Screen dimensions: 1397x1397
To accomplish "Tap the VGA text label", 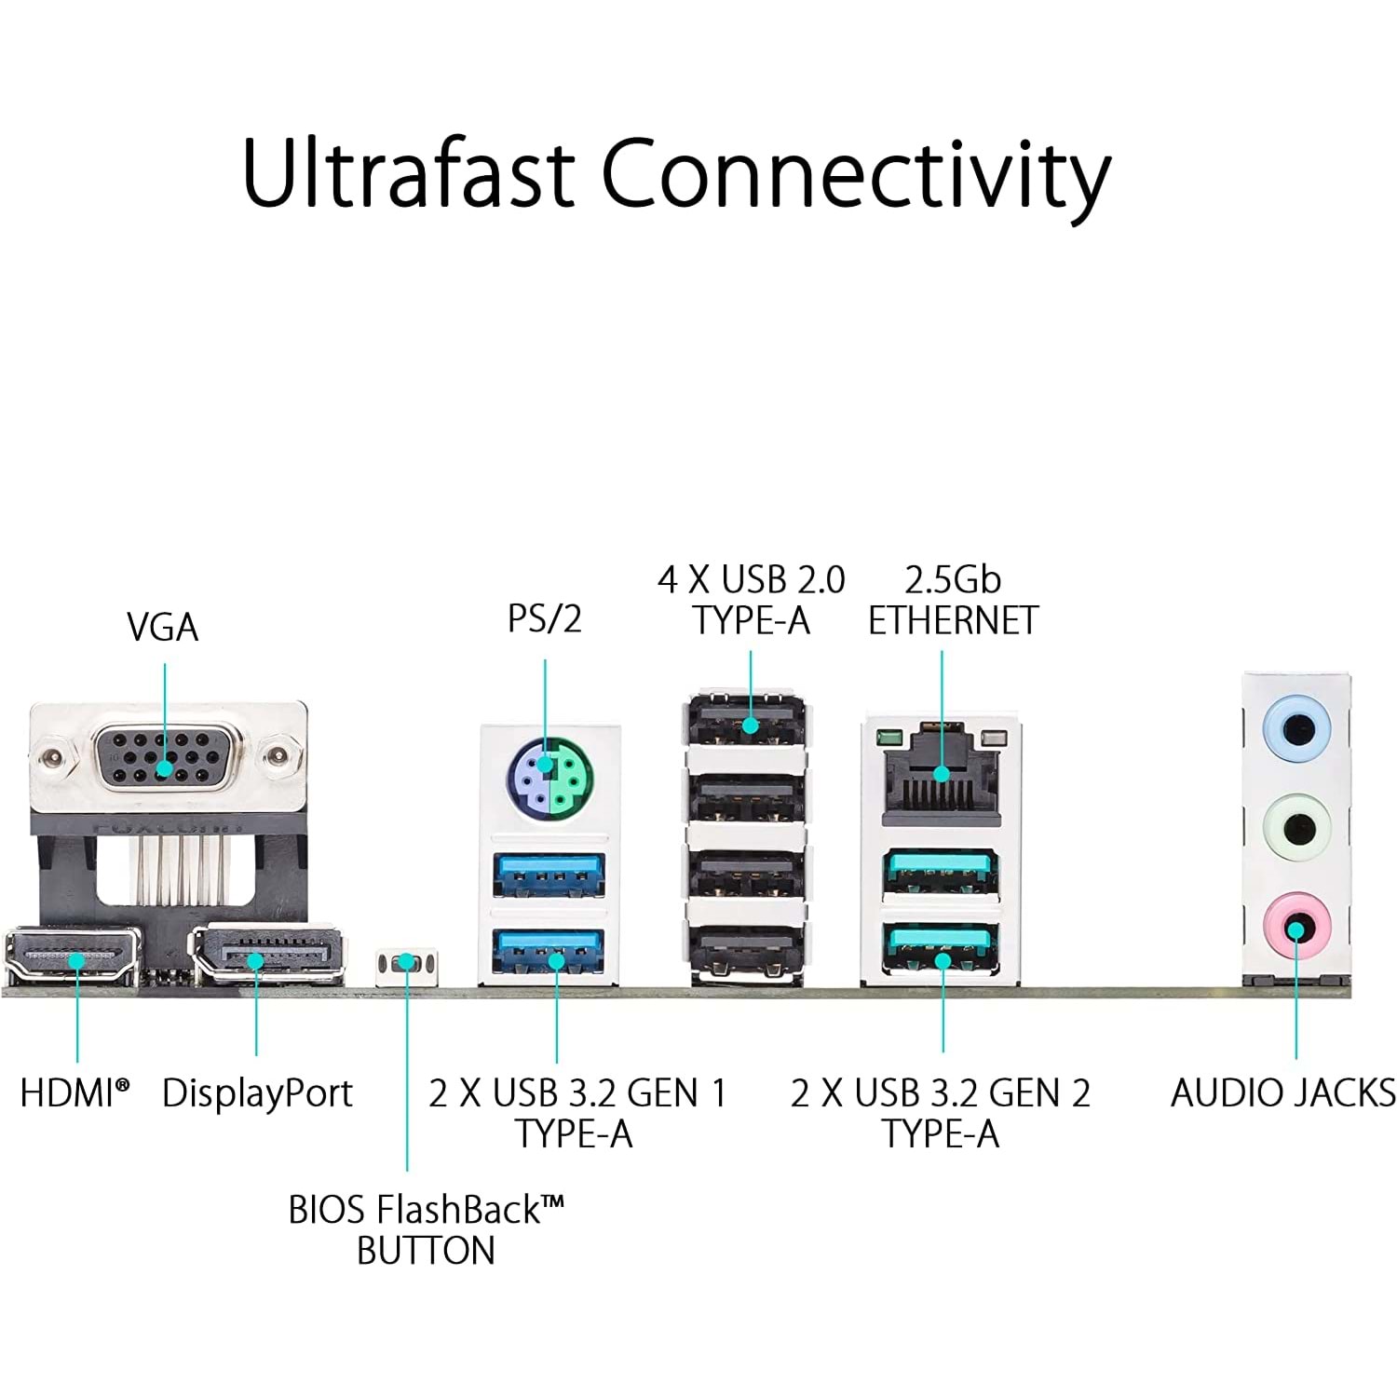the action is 163,627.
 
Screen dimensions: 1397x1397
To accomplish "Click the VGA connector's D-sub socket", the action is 164,755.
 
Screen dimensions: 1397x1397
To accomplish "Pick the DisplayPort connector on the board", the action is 268,955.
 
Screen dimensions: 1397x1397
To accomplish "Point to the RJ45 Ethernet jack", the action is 941,769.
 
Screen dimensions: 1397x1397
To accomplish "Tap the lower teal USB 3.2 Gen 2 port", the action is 942,947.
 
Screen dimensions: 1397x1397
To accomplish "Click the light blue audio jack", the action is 1295,728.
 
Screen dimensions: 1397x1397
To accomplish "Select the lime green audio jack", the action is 1295,825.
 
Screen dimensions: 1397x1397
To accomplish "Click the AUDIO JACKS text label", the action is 1283,1093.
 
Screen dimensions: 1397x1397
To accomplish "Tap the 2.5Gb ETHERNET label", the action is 953,600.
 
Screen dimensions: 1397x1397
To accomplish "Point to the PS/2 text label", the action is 545,618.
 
